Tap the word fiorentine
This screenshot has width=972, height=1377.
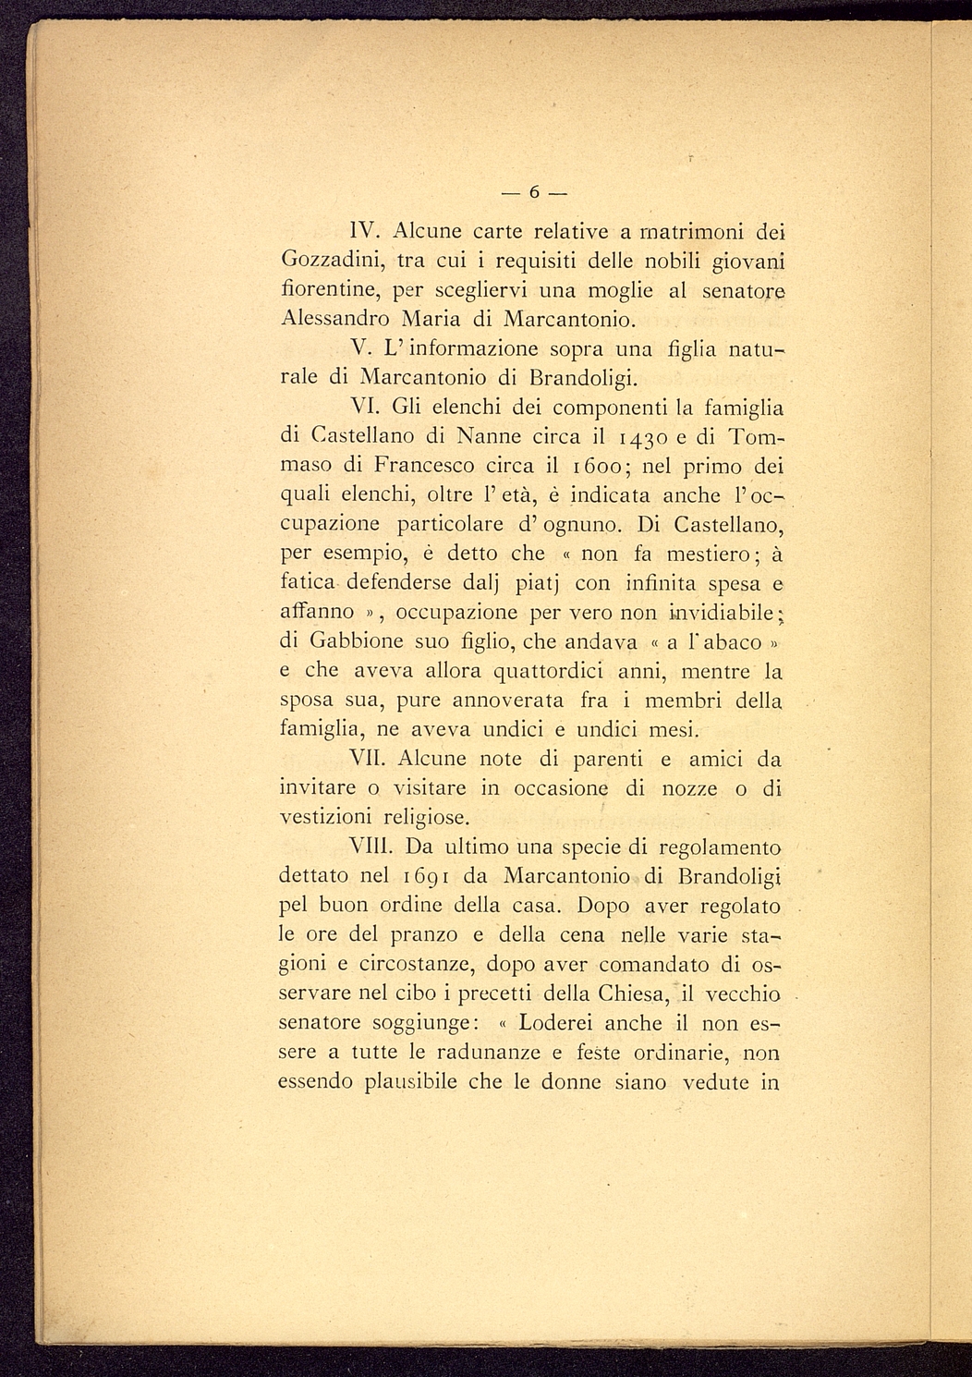point(326,289)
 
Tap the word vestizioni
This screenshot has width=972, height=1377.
point(325,818)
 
